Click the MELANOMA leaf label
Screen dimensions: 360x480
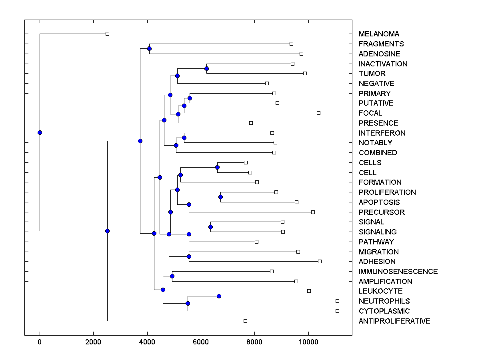tap(379, 34)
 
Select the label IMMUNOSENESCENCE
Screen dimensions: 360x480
tap(398, 272)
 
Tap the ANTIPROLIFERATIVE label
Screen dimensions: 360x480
tap(394, 321)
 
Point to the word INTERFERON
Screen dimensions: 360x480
tap(382, 133)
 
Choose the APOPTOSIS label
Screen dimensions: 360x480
tap(379, 202)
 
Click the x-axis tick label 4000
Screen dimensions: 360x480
tap(147, 342)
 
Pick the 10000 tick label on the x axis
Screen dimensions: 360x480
tap(308, 342)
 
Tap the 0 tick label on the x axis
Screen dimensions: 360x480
tap(40, 342)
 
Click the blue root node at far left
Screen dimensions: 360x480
tap(40, 132)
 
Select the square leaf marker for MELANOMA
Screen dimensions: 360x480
tap(107, 34)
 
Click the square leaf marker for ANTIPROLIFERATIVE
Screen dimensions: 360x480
tap(246, 321)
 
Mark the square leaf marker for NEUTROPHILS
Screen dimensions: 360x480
tap(337, 301)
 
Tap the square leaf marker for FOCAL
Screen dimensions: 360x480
tap(319, 113)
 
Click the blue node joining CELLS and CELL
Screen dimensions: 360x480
tap(217, 167)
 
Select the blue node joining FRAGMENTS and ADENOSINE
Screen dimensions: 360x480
tap(149, 49)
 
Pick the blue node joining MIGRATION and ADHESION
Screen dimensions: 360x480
tap(189, 256)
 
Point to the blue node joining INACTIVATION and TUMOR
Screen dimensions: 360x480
tap(206, 68)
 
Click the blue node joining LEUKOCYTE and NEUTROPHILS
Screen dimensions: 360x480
tap(219, 296)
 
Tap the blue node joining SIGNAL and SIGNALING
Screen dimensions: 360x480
tap(211, 227)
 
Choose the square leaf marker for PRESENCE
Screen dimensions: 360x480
tap(251, 123)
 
